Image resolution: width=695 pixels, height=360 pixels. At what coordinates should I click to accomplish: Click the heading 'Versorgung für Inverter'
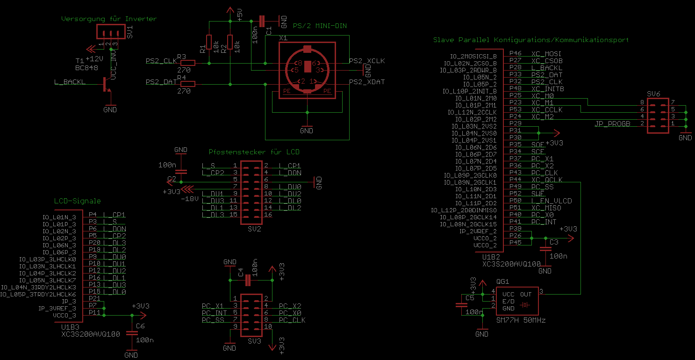point(109,19)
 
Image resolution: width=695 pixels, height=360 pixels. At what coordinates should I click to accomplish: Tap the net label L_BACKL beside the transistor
point(70,82)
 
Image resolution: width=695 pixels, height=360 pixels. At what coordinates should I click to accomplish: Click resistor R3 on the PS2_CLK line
point(187,63)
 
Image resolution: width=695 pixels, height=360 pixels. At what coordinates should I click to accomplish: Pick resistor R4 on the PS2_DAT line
point(187,84)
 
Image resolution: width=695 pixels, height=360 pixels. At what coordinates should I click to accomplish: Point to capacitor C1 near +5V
point(262,21)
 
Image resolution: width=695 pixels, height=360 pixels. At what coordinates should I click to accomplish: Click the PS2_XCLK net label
point(367,61)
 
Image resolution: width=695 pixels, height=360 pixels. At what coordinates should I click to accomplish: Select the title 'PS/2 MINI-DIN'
point(320,26)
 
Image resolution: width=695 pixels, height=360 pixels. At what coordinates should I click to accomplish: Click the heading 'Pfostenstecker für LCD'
point(254,152)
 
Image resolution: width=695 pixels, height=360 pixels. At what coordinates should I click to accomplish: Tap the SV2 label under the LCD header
point(254,230)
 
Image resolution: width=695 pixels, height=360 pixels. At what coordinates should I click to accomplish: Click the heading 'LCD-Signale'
point(77,201)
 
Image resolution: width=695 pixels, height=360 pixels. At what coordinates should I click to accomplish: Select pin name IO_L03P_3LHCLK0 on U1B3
point(47,259)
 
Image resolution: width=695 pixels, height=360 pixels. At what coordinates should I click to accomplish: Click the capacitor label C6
point(140,326)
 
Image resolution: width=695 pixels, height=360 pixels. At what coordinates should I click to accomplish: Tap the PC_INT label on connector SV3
point(214,313)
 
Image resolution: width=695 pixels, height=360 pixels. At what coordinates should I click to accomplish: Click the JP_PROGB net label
point(612,124)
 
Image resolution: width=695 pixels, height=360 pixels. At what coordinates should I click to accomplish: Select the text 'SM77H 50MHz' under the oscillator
point(521,320)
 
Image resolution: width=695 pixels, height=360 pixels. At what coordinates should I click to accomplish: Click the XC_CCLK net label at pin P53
point(547,110)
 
